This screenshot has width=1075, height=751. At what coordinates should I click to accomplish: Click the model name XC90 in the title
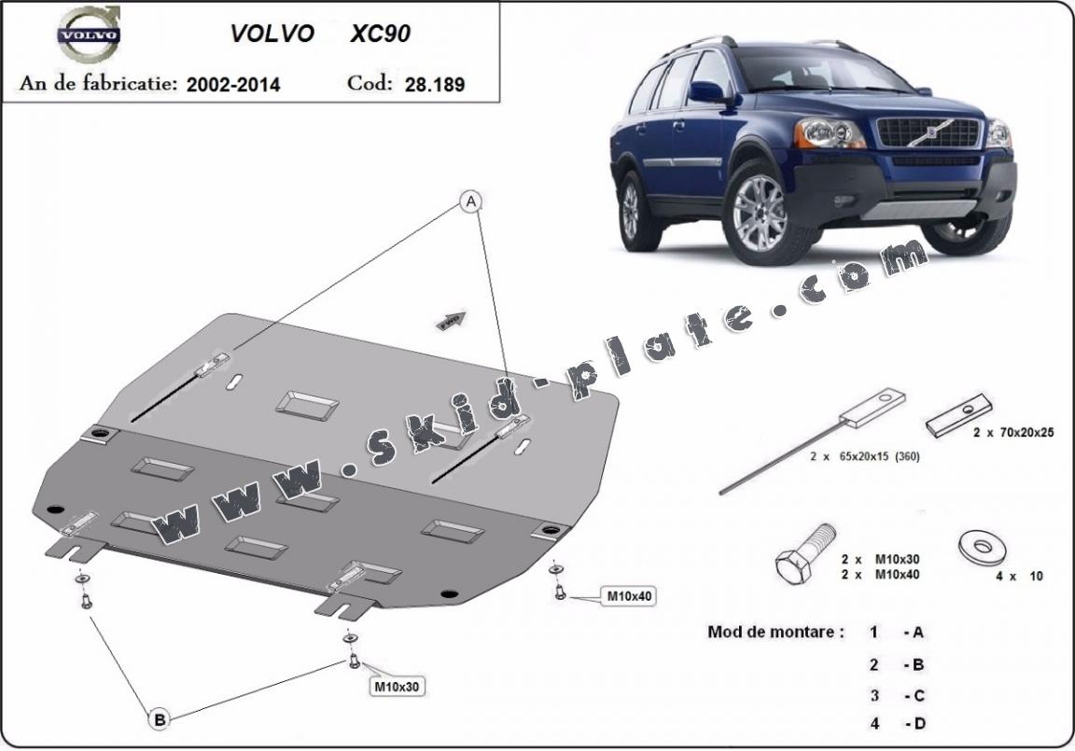point(380,35)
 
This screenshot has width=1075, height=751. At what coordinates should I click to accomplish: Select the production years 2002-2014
point(233,84)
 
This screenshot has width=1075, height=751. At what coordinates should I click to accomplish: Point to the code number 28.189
point(435,84)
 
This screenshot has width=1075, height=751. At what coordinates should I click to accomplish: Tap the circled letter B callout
point(160,718)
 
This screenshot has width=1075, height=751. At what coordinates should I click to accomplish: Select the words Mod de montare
point(775,632)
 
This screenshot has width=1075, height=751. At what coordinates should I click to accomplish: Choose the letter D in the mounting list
point(918,722)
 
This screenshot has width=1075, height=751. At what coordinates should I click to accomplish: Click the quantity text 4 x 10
point(1019,577)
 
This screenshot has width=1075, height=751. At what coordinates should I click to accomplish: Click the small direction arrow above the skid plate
point(452,321)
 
